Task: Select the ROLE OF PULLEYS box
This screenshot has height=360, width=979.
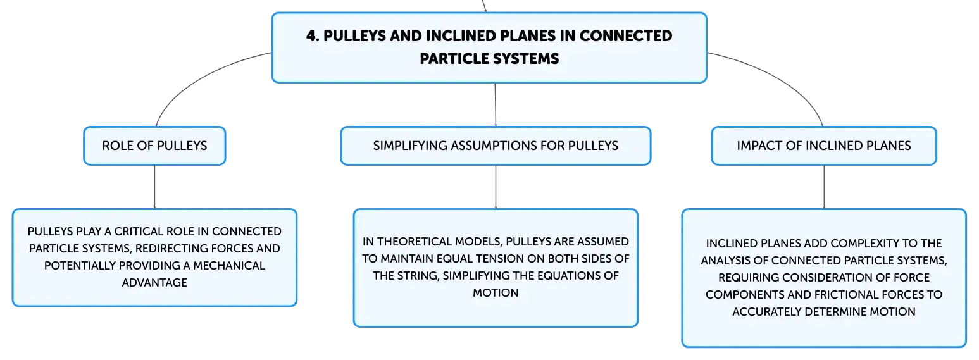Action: click(x=154, y=146)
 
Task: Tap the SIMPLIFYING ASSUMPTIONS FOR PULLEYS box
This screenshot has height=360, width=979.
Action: click(x=496, y=146)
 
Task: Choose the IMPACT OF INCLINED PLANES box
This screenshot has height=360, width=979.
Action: click(x=824, y=146)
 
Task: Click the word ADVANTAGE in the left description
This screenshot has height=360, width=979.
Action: click(x=154, y=283)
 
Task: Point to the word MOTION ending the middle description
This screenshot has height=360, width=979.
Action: click(x=496, y=293)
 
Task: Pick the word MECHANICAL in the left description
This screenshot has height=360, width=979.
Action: click(x=229, y=266)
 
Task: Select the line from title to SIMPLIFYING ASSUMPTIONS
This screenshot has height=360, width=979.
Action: click(x=495, y=105)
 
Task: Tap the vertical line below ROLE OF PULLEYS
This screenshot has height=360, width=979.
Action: click(x=154, y=187)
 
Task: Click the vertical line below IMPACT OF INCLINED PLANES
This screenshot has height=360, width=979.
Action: click(x=824, y=187)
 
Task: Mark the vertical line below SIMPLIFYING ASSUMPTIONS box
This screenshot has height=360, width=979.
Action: click(x=496, y=187)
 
